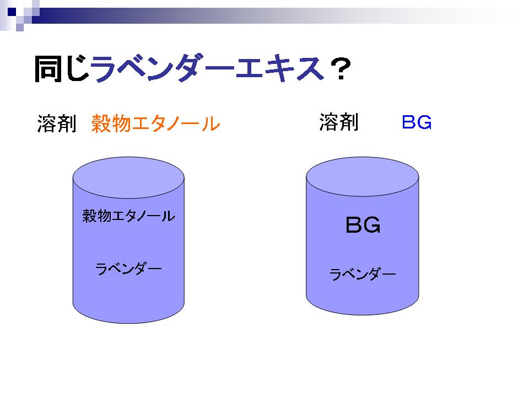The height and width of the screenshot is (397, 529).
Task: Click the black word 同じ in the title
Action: click(62, 69)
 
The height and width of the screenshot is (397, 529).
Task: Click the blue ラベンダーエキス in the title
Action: click(207, 68)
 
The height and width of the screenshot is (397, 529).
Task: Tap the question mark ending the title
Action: click(341, 69)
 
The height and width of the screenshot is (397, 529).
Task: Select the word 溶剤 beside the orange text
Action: click(57, 123)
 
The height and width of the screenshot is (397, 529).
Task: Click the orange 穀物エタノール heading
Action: click(156, 123)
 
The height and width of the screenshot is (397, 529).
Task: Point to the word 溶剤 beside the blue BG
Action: click(339, 122)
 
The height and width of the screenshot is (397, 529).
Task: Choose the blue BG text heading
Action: click(417, 122)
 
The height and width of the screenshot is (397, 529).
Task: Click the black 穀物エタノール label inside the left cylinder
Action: click(129, 216)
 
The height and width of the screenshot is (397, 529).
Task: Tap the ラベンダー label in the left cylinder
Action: click(128, 269)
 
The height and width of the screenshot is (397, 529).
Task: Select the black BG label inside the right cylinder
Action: click(363, 225)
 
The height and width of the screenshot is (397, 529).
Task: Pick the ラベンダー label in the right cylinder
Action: click(363, 274)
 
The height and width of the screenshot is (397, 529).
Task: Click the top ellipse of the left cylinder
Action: click(128, 178)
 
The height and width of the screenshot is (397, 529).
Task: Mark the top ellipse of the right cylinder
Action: click(363, 176)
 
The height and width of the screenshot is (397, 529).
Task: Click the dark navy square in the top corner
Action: click(12, 12)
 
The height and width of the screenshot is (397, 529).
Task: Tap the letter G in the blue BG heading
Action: click(424, 122)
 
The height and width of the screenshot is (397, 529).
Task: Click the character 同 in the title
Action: click(48, 69)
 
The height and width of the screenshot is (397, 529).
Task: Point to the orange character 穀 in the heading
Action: click(101, 123)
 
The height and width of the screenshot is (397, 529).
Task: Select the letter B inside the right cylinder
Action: click(354, 225)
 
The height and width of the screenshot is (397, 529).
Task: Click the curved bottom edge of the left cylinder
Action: click(128, 323)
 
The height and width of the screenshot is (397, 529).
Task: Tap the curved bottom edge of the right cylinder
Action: click(363, 315)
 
